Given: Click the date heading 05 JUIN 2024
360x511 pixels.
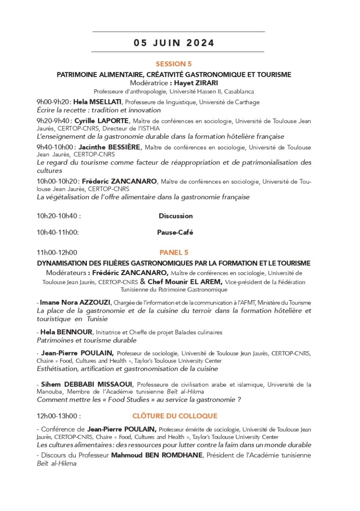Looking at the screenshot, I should pos(174,43).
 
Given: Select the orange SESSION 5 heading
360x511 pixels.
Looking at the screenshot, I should pos(174,64).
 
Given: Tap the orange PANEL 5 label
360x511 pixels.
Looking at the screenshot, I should pos(174,253).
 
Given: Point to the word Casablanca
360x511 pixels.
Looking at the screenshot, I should pos(239,92).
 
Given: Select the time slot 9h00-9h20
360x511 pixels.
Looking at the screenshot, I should pos(53,102).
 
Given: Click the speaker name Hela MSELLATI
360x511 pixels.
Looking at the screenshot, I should pos(97,102).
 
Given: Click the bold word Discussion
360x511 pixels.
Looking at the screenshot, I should pos(175,216).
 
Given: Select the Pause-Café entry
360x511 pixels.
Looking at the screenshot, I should pos(175,233).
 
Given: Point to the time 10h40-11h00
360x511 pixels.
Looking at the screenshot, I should pos(58,233).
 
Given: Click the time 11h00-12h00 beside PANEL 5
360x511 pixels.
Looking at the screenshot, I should pos(57,253).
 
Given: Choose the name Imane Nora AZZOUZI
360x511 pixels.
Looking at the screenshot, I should pos(75,302).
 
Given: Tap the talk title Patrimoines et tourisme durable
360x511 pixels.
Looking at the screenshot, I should pos(86,340).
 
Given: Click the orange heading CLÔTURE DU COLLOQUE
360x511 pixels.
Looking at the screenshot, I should pos(174,416).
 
